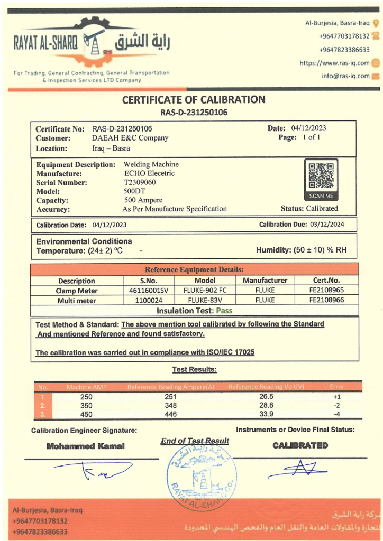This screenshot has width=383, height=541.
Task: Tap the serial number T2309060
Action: click(x=140, y=182)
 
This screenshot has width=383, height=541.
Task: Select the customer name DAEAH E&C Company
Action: click(x=130, y=138)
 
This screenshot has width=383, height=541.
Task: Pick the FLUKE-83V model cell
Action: click(x=205, y=300)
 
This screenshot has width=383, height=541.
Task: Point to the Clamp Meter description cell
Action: click(x=77, y=290)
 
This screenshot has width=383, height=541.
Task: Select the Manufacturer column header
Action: click(x=265, y=281)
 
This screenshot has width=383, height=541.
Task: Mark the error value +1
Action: click(x=336, y=396)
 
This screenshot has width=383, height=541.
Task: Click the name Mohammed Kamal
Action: click(x=86, y=446)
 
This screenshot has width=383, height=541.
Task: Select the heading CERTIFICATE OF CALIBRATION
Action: click(x=194, y=99)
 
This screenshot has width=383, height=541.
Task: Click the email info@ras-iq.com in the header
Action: click(x=345, y=76)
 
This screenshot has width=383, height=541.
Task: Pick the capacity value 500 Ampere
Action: click(x=143, y=200)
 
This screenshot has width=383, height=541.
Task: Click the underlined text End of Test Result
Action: click(x=195, y=441)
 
